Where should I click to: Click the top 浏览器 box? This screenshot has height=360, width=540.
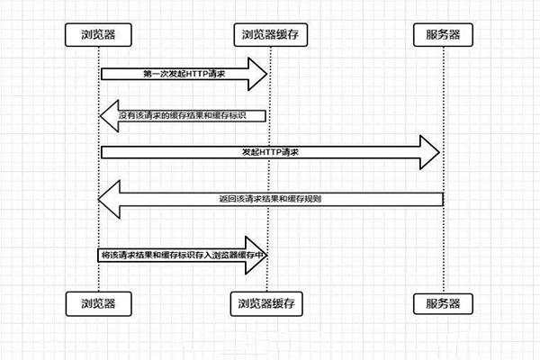[x=97, y=35]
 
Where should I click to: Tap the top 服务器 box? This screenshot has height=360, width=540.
[x=443, y=35]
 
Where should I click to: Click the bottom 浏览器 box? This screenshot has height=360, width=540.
[x=97, y=301]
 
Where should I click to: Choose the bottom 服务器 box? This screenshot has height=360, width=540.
[x=443, y=301]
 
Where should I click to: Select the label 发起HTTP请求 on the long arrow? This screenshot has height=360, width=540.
[x=270, y=153]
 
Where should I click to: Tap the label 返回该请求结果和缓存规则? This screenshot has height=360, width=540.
[x=270, y=198]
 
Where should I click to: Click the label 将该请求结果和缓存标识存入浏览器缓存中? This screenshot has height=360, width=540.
[x=184, y=256]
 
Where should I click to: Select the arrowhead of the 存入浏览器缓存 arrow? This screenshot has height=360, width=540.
[x=261, y=256]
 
